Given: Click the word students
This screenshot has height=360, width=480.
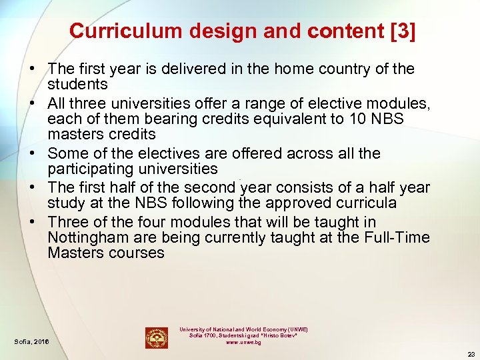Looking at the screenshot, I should pyautogui.click(x=77, y=84).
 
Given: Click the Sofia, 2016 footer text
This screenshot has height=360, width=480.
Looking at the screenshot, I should pyautogui.click(x=31, y=341).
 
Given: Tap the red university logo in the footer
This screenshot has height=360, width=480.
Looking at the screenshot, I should pyautogui.click(x=157, y=337).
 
